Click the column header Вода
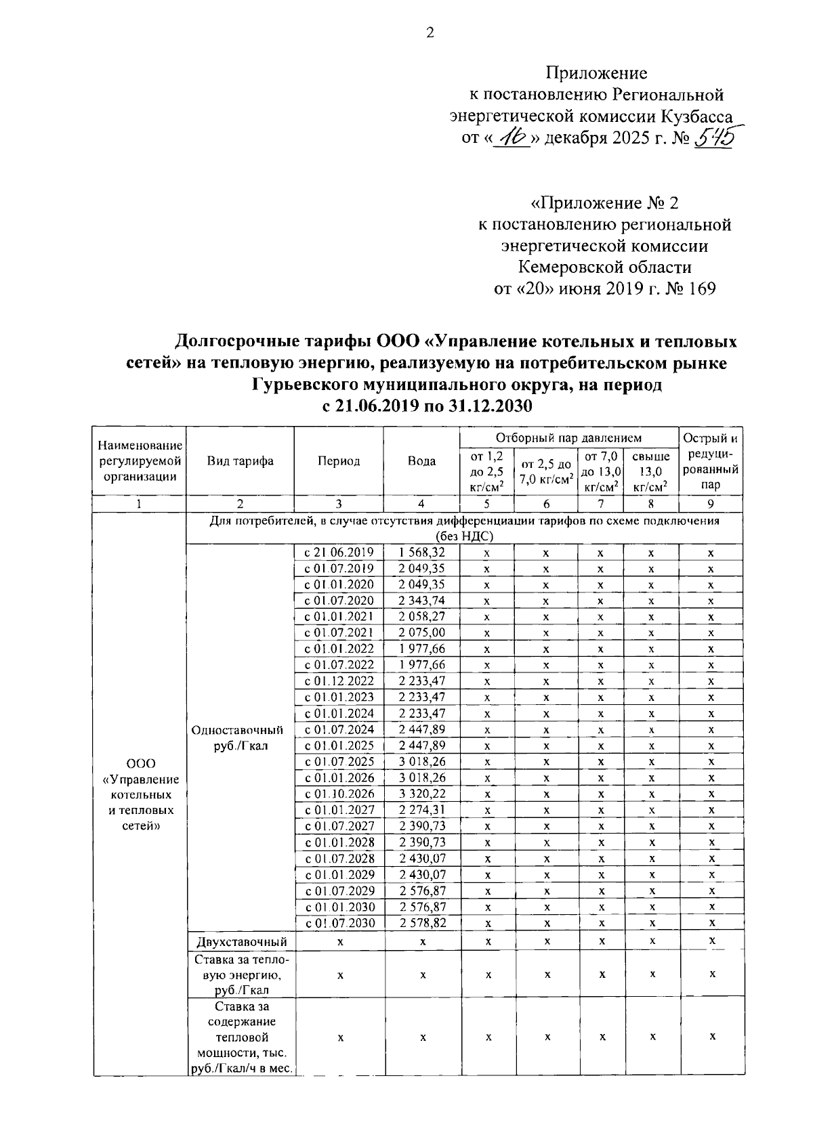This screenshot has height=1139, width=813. click(421, 461)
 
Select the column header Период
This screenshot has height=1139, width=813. click(339, 461)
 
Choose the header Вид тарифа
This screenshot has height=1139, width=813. click(240, 461)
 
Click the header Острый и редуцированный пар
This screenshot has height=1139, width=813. click(711, 461)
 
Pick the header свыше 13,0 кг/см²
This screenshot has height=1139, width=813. click(650, 471)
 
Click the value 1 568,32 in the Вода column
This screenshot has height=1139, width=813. click(421, 553)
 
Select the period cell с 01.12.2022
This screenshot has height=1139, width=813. click(339, 681)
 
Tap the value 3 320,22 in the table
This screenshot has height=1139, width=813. click(421, 794)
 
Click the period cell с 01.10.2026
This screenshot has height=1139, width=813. click(339, 794)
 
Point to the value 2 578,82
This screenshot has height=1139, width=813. click(421, 923)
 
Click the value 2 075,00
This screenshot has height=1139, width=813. click(421, 632)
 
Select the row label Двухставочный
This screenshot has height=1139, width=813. click(240, 942)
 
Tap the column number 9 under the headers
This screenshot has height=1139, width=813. click(711, 504)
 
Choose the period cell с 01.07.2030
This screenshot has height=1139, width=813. click(339, 923)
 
